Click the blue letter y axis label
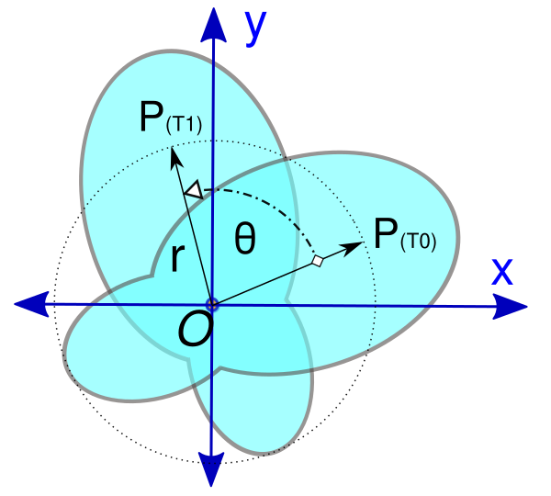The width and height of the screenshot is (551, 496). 255,28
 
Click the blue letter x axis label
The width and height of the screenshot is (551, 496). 501,270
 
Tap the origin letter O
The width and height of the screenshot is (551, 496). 195,329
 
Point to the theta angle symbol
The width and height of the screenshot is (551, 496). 244,239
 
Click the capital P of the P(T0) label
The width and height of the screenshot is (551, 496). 384,235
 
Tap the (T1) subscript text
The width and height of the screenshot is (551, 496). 183,127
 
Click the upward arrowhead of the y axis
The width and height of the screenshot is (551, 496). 213,22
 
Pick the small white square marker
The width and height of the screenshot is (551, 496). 318,262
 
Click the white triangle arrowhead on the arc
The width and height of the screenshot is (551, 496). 194,190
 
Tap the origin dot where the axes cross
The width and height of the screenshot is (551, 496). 213,304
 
